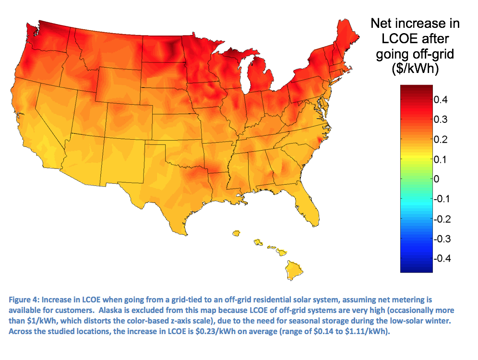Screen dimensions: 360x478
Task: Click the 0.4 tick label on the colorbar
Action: [x=442, y=100]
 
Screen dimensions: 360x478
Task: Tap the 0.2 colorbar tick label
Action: [x=442, y=140]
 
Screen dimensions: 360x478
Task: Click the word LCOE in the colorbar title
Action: [x=397, y=38]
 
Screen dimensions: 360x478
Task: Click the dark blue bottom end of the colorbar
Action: [x=417, y=269]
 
